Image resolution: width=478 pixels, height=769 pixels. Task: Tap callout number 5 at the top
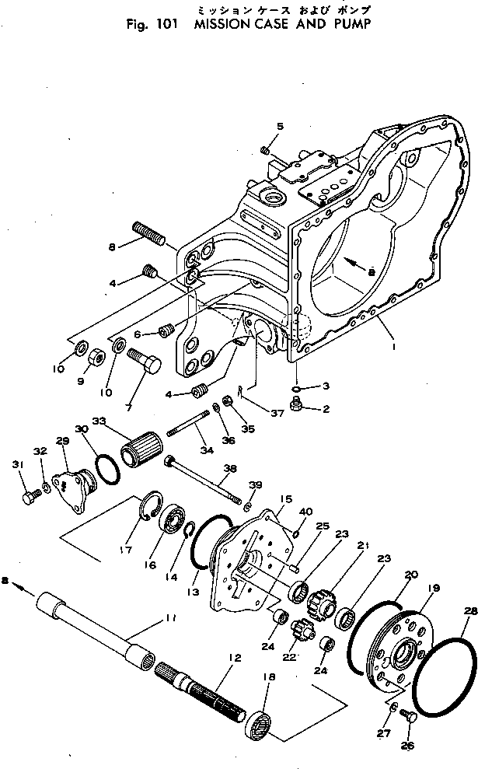[281, 125]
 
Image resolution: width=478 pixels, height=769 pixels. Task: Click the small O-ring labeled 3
[299, 386]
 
